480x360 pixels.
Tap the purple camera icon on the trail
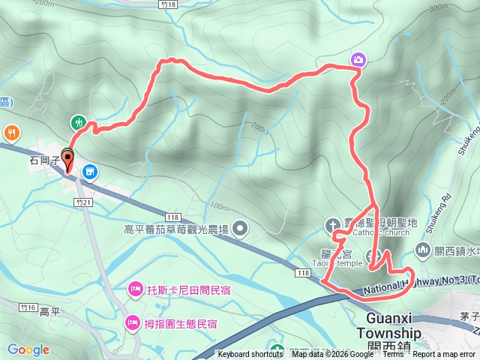pyautogui.click(x=358, y=59)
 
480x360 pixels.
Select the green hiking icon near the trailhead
pyautogui.click(x=79, y=122)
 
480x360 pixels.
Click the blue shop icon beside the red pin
pyautogui.click(x=90, y=172)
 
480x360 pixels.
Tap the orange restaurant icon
pyautogui.click(x=12, y=133)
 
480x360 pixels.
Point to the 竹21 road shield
pyautogui.click(x=83, y=202)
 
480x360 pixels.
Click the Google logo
pyautogui.click(x=28, y=349)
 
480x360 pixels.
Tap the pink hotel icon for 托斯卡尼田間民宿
pyautogui.click(x=136, y=287)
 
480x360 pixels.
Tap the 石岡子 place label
pyautogui.click(x=43, y=160)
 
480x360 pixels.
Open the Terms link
pyautogui.click(x=393, y=354)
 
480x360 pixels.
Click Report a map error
pyautogui.click(x=445, y=354)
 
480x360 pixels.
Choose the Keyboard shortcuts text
pyautogui.click(x=250, y=354)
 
